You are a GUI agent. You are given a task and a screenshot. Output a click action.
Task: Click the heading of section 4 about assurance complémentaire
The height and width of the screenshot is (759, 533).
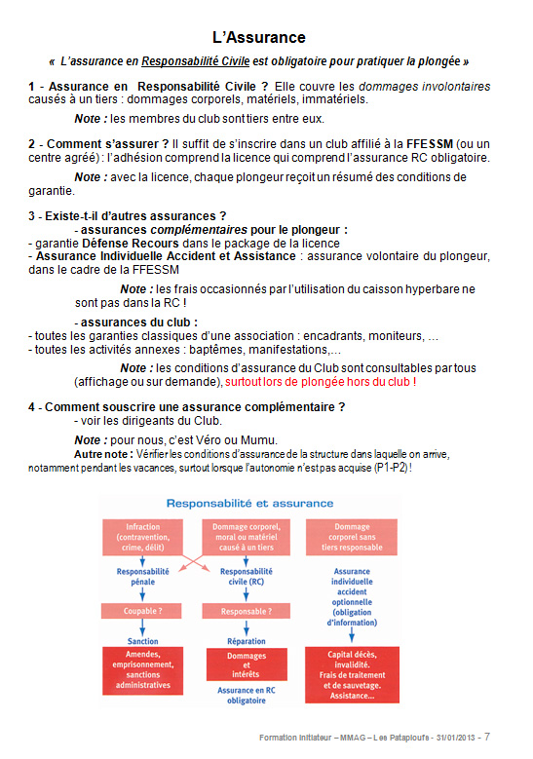click(x=187, y=406)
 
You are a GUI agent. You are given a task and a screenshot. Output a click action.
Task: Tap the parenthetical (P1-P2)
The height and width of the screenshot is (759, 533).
click(x=391, y=468)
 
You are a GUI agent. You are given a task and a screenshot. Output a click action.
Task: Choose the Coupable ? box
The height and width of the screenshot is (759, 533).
click(x=142, y=611)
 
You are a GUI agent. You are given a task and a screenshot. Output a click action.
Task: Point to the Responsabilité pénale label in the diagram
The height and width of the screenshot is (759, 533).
click(x=143, y=577)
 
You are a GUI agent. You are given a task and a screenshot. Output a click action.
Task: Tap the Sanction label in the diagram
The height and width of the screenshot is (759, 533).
click(x=142, y=641)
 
